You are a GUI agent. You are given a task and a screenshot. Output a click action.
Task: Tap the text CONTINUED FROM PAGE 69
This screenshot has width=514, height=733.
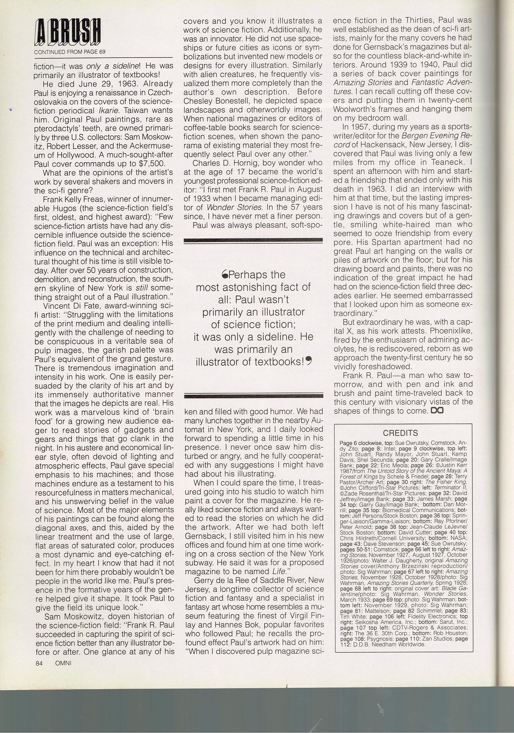pyautogui.click(x=70, y=52)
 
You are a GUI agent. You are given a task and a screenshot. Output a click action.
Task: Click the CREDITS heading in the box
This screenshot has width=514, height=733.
pyautogui.click(x=400, y=433)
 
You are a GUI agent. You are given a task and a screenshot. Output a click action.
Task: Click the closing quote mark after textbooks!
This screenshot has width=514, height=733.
pyautogui.click(x=309, y=361)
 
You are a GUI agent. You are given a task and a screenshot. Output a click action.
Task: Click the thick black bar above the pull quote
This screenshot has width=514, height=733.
pyautogui.click(x=253, y=241)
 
